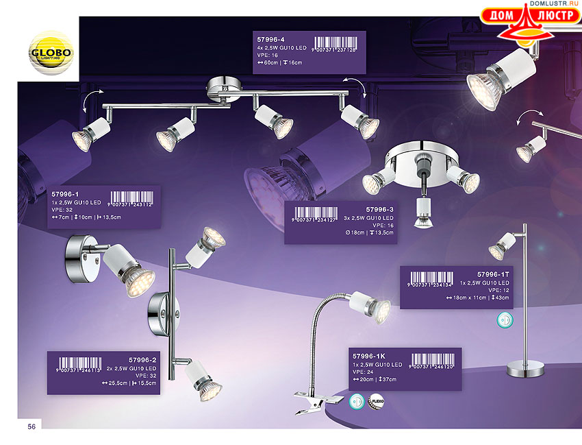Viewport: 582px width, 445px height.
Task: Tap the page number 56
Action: click(x=31, y=426)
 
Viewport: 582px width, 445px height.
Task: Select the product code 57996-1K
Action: click(x=370, y=357)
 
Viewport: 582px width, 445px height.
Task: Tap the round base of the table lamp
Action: click(x=526, y=371)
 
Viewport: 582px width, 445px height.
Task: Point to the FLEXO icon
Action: click(x=377, y=402)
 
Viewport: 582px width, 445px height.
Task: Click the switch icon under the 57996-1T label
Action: click(x=504, y=321)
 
